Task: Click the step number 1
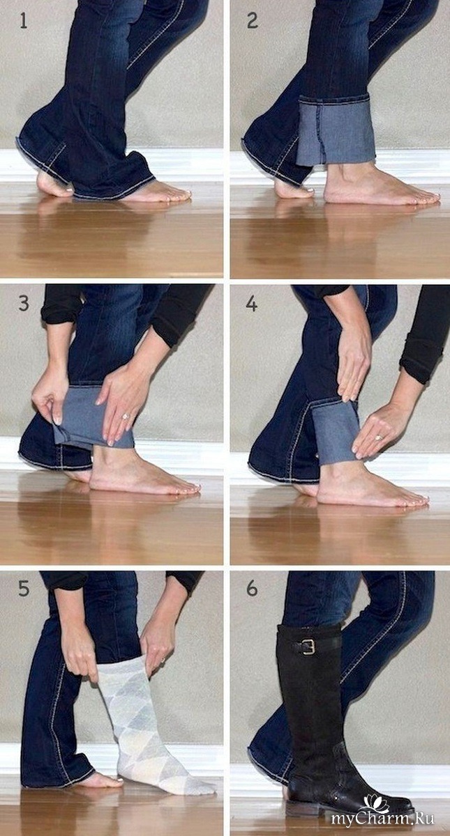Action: pos(23,22)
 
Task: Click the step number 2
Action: pos(253,22)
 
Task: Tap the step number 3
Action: pos(24,304)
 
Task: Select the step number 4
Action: pos(252,304)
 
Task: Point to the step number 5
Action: pos(24,589)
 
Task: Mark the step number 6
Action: pos(252,589)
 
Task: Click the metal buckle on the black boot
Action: pos(308,647)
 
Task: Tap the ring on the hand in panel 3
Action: pos(125,416)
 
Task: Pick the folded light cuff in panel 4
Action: pos(333,430)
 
